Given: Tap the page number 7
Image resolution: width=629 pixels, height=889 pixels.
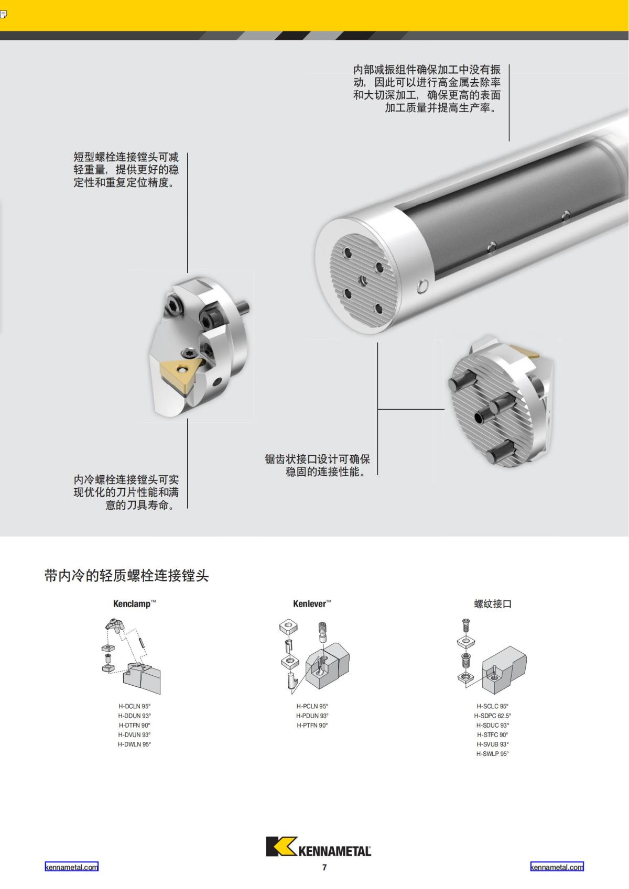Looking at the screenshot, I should coord(324,868).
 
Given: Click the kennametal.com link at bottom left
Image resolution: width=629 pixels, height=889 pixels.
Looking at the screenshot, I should coord(71,867).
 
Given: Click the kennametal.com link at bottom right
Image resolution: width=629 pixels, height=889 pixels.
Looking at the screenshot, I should coord(557,867).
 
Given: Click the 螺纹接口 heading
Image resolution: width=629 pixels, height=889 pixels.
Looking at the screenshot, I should coord(493,604).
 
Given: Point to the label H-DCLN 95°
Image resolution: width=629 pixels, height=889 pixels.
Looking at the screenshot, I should coord(134,706).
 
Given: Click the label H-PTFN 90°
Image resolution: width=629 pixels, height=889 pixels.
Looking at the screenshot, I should coord(312,726).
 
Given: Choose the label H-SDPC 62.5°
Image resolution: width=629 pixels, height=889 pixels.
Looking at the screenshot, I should coord(493,716).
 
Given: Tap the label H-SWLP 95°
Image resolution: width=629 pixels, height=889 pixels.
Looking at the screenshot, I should coord(493,754).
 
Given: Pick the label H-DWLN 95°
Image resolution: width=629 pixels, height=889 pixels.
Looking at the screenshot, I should coord(134,744).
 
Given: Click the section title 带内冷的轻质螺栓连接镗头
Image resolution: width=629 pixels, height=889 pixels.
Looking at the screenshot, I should coord(127,576).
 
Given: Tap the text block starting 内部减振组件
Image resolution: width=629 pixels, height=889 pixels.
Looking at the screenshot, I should coord(427,89).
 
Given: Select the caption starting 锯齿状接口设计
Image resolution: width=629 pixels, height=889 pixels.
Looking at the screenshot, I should coord(318,465).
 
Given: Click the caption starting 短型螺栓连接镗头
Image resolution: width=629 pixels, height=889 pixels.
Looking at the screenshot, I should coord(126,170).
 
